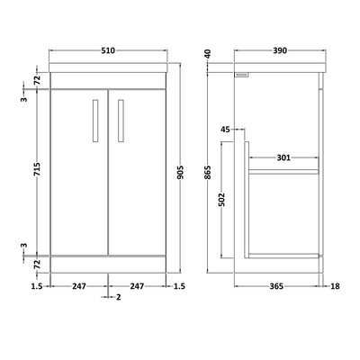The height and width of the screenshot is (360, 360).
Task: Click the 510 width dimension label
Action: pos(108,50)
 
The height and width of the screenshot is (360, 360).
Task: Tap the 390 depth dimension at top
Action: pos(280,50)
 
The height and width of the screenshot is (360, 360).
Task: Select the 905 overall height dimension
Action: pos(180,173)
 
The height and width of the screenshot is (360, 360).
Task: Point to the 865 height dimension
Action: pos(209,173)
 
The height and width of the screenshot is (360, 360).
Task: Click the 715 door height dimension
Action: pos(37,169)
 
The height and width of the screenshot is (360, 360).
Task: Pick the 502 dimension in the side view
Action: pos(221,200)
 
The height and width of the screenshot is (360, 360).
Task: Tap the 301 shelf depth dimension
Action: pos(283,157)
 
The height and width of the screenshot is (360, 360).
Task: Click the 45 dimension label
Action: pos(225,130)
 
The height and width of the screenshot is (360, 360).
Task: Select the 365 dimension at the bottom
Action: pos(276,286)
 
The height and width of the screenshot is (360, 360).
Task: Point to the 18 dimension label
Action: pos(335,286)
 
